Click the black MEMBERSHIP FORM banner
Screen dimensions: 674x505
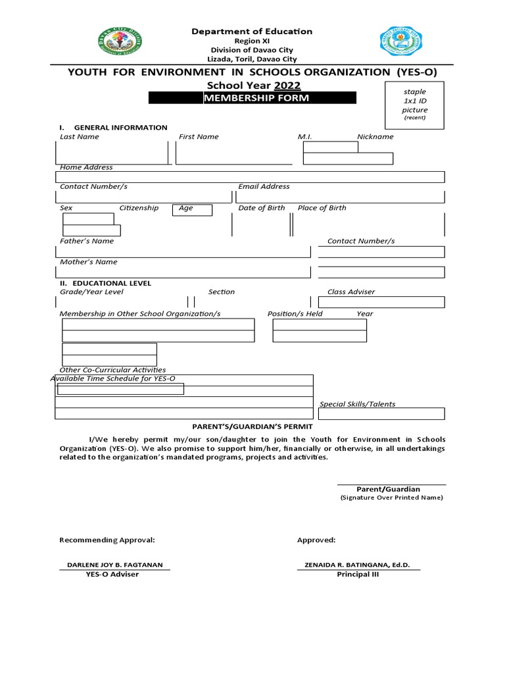(252, 98)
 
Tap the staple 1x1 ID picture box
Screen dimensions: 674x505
(414, 105)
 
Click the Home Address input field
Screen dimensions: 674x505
(250, 176)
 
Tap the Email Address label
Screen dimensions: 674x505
(264, 187)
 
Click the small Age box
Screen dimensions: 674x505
(192, 210)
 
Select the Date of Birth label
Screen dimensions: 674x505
(262, 208)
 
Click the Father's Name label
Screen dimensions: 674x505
(87, 241)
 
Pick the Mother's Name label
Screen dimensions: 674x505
(88, 262)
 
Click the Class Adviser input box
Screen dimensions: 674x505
(381, 302)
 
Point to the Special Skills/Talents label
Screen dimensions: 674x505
(358, 404)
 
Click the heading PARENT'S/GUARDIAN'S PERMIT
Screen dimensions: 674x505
(252, 427)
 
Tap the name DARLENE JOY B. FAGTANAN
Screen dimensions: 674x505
(115, 565)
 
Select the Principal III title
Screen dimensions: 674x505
(358, 574)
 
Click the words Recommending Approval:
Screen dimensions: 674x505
(107, 540)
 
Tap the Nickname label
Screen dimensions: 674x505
(375, 137)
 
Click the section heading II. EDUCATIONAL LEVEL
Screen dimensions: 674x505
(105, 283)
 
